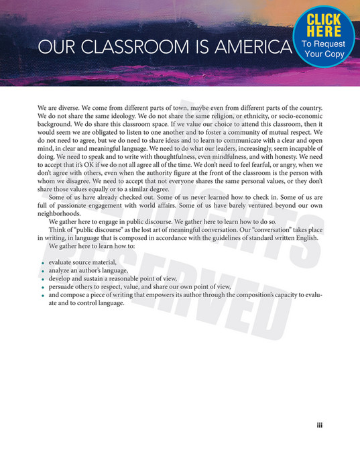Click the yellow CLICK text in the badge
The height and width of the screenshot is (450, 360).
coord(324,19)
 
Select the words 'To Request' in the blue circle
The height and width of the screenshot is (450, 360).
coord(324,44)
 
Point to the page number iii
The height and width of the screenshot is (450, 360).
coord(320,425)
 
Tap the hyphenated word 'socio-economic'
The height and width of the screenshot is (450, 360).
coord(300,117)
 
